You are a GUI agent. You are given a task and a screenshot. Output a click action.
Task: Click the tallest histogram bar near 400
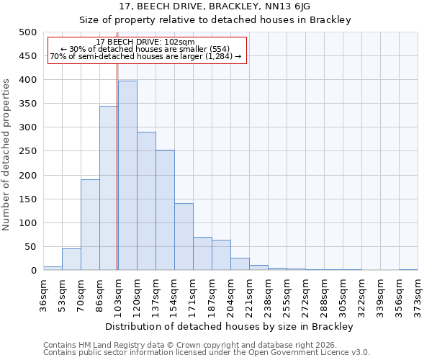coord(127,176)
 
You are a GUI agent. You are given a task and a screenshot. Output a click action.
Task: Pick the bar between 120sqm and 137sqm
coord(146,201)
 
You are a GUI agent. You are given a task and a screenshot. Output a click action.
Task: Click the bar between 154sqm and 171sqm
coord(184,237)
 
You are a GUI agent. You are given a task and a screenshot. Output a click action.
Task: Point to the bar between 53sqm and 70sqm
coord(71,260)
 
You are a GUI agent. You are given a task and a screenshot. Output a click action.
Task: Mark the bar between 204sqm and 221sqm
coord(240,264)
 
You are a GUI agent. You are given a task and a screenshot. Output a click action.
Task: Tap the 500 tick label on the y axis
coord(27,32)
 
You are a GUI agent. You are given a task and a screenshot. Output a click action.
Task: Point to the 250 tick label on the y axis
coord(27,151)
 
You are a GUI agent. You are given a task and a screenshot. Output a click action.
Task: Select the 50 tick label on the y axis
coord(30,247)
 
